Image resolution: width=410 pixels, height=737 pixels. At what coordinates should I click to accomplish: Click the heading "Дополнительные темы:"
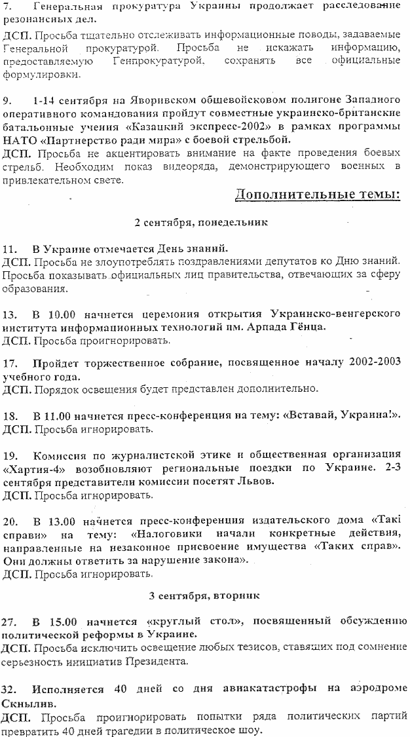317,196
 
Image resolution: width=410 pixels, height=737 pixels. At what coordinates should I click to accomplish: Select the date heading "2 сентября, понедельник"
201,222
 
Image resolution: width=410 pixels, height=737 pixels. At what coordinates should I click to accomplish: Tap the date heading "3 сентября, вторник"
204,596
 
